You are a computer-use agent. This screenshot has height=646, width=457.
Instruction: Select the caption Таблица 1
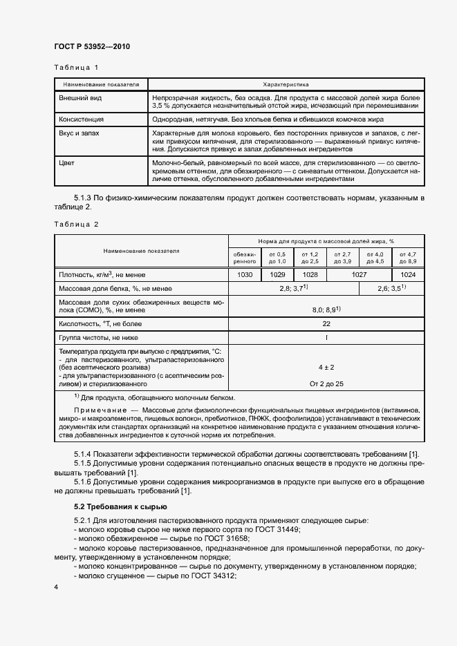click(77, 68)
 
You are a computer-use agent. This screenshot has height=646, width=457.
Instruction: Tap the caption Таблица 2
click(77, 224)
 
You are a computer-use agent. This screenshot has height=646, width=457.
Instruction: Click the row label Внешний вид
click(82, 98)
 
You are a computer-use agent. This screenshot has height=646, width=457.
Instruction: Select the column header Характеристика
click(284, 84)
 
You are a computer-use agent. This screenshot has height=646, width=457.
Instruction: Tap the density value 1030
click(245, 274)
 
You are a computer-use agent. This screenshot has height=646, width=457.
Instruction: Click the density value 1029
click(277, 274)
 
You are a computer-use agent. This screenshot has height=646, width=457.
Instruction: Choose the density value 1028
click(309, 274)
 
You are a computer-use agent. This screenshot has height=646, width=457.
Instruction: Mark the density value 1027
click(358, 274)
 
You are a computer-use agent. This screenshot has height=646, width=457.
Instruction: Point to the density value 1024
click(407, 274)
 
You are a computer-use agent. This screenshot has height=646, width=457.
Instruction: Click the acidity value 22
click(326, 323)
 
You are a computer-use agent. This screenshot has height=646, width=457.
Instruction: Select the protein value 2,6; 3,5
click(391, 287)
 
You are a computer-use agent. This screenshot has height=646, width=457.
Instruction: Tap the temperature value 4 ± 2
click(326, 367)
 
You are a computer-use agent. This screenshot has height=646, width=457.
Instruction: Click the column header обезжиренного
click(245, 257)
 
